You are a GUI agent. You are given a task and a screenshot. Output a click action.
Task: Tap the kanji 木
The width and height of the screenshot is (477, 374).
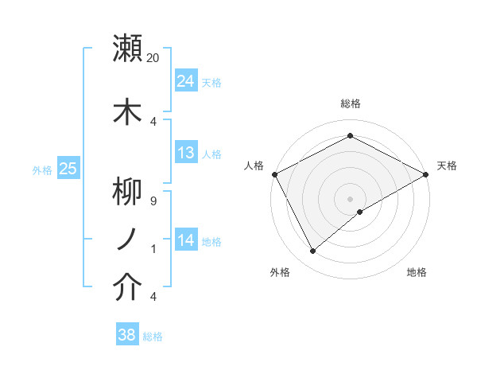coord(128,111)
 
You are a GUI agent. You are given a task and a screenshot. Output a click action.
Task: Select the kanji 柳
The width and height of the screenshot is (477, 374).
coord(128,191)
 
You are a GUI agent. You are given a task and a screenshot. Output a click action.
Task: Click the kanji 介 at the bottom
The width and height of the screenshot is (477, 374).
coord(128,288)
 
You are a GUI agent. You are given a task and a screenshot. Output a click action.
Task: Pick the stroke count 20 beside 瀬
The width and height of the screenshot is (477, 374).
coord(153,58)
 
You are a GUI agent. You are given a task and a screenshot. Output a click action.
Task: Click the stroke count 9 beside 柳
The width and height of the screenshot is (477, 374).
coord(153,201)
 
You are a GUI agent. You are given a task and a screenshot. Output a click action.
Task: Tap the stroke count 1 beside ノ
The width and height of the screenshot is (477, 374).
coord(153,249)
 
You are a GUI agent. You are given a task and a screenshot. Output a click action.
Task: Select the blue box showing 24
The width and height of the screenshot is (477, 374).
coord(186,81)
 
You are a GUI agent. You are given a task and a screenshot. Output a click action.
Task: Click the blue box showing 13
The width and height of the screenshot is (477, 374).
coord(186,153)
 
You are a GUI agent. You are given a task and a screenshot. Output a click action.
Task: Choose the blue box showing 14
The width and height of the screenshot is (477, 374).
coord(186,240)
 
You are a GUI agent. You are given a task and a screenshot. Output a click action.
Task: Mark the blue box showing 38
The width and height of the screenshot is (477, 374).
coord(127,336)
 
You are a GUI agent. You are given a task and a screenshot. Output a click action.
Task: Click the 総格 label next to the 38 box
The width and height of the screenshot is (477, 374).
coord(153,337)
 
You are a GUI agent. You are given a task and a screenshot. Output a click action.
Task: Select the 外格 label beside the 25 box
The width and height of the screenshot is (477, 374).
coord(42,169)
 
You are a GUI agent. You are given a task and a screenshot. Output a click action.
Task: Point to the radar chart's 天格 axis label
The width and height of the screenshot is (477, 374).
coord(447,166)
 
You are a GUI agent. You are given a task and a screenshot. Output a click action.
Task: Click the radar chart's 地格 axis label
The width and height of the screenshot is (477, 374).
coord(417,272)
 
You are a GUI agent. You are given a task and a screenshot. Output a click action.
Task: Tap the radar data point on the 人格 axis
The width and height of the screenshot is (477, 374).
coord(274,173)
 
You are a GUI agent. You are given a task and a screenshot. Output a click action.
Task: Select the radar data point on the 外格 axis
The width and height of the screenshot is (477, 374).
coord(313,251)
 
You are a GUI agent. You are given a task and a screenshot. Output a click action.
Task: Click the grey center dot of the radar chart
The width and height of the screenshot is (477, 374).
coord(350,198)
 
